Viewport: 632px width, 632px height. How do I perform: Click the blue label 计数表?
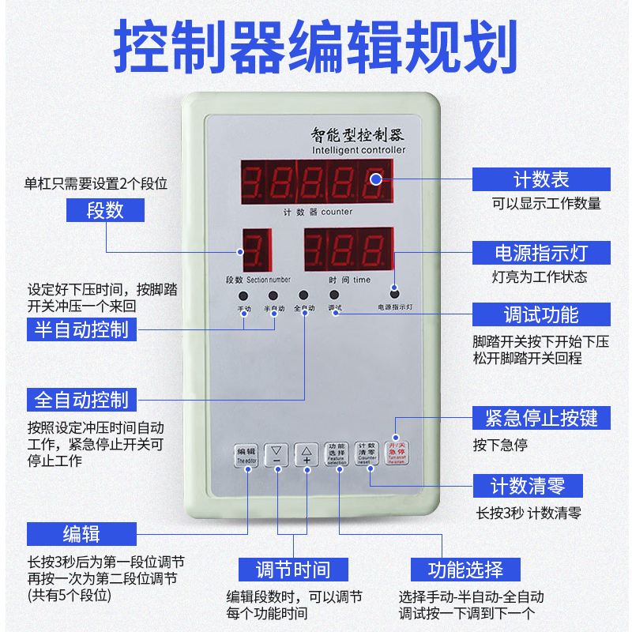point(541,179)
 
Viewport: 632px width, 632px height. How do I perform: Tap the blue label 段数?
point(105,210)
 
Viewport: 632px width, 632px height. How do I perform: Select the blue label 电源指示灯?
point(541,253)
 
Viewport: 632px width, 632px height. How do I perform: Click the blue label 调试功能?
point(541,314)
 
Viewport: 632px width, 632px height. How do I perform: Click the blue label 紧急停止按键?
point(541,416)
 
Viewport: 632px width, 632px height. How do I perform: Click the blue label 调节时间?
point(292,569)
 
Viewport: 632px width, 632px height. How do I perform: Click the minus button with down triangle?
point(276,455)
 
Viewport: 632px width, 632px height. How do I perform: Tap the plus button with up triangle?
point(307,455)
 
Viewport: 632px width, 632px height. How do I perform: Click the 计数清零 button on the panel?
point(365,453)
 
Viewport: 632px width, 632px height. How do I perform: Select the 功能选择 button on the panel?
point(337,453)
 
